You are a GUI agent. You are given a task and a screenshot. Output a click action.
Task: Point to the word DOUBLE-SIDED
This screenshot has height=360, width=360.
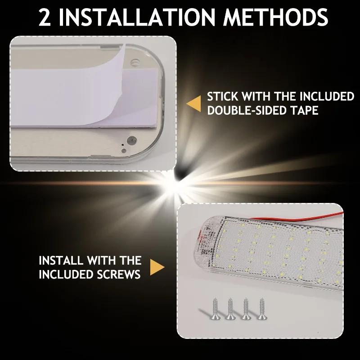click(245, 111)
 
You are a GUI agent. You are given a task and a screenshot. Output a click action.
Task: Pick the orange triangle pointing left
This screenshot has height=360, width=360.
click(194, 103)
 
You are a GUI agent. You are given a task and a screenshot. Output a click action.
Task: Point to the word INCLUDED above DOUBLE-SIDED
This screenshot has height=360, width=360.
click(327, 97)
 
